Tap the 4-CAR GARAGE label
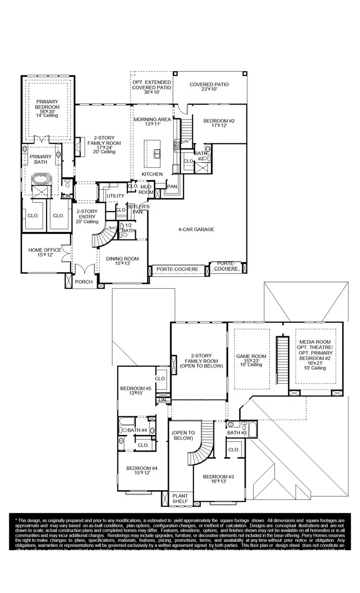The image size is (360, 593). coord(196,229)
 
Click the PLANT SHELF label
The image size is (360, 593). coord(180,499)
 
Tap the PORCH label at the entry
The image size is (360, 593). coord(84,282)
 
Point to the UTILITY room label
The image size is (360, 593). coord(115,196)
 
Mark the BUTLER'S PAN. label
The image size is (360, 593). coord(138,209)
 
